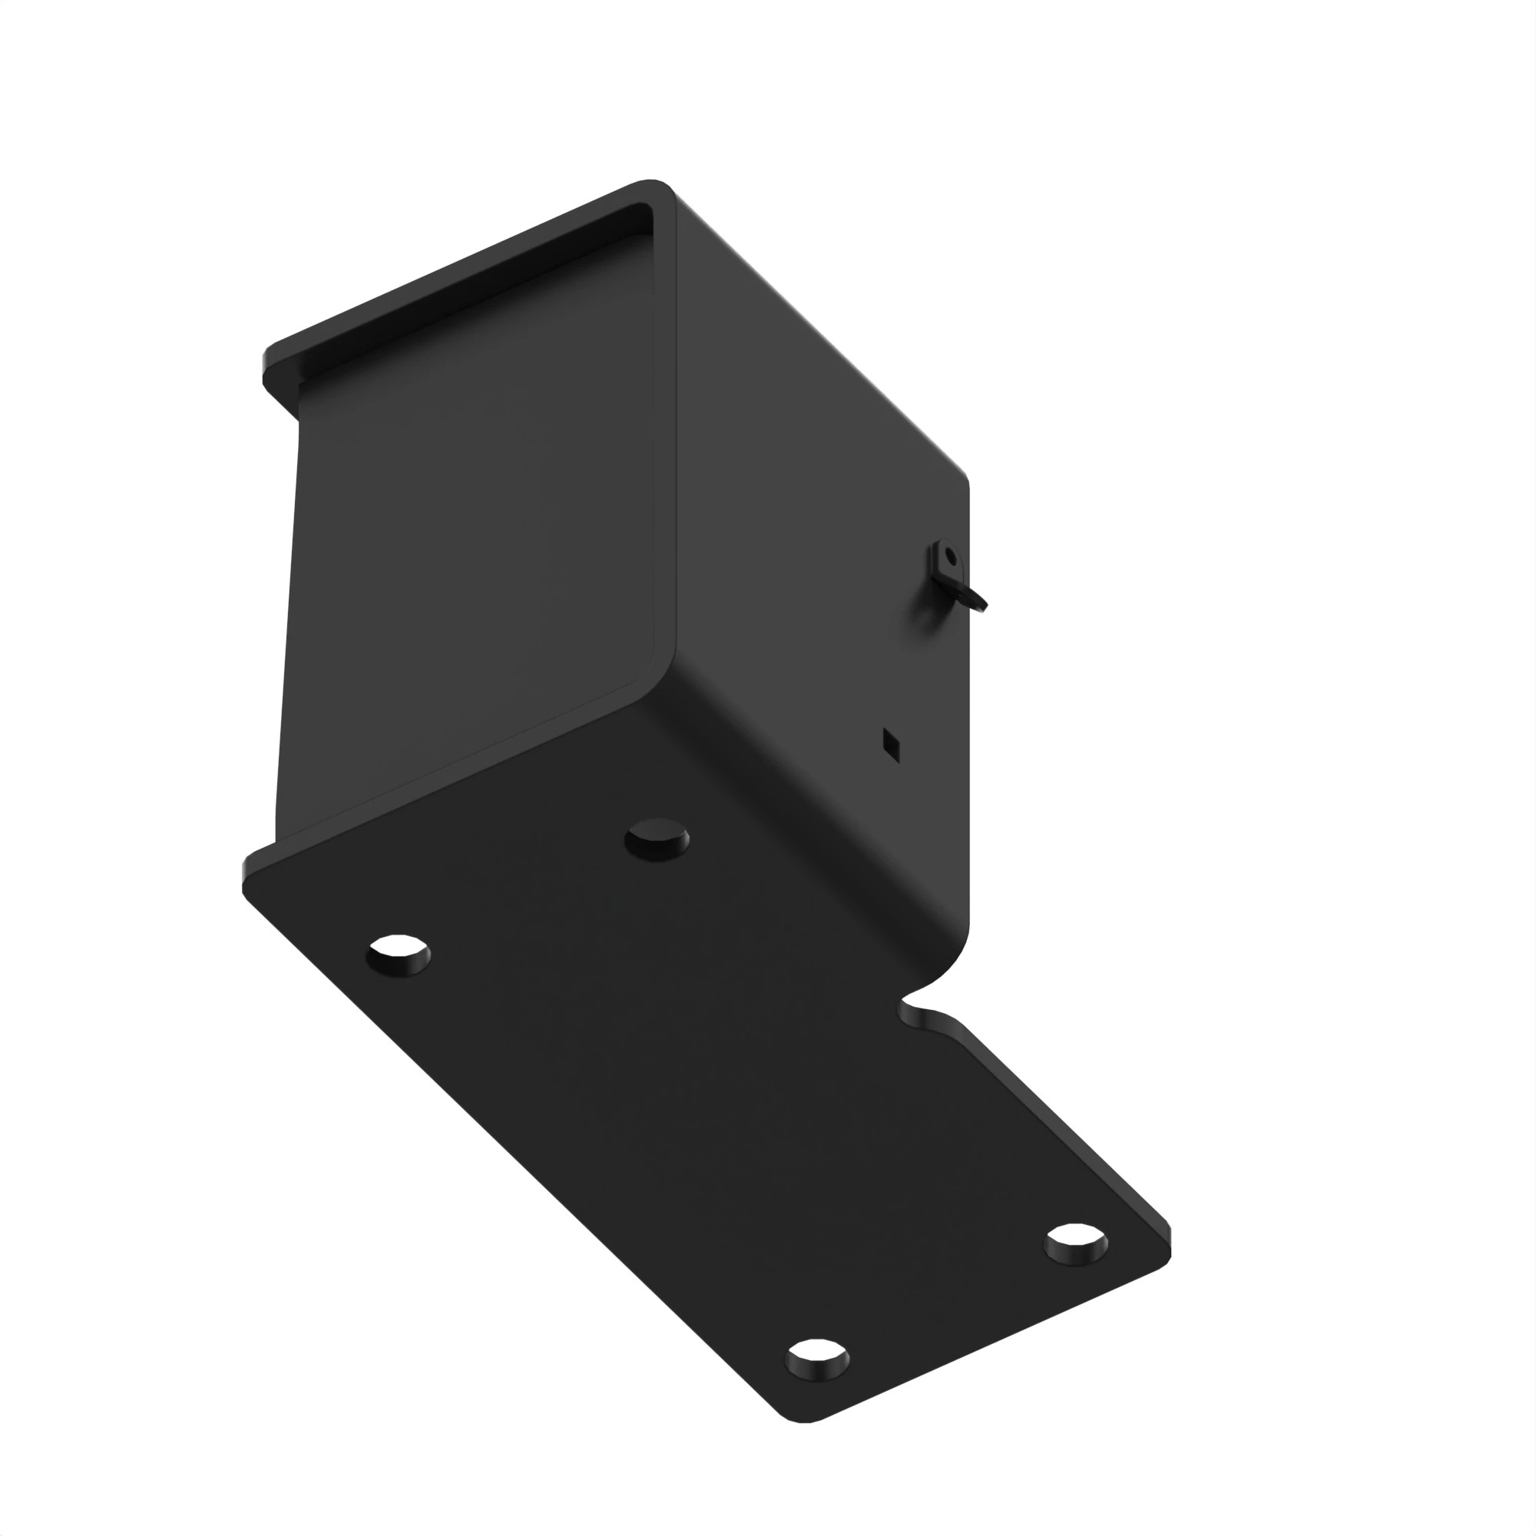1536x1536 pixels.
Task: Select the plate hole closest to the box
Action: [657, 839]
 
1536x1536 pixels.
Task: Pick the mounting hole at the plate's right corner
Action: [1077, 1242]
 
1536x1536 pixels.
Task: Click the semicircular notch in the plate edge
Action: [921, 1008]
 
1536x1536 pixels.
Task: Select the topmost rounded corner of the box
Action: [652, 184]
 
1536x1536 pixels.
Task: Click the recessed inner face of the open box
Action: [469, 557]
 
